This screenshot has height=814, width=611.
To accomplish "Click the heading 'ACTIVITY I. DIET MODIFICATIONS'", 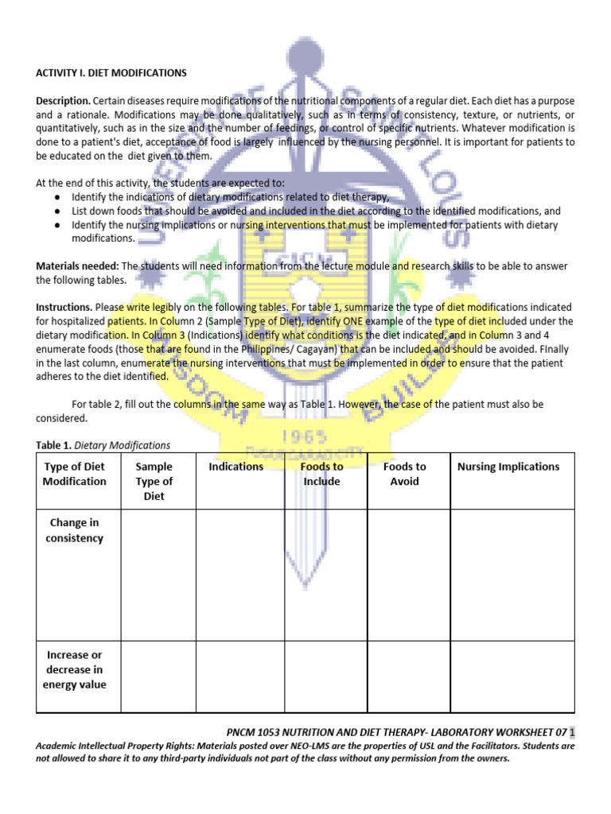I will (111, 73).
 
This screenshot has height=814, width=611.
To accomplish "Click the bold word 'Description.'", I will (63, 102).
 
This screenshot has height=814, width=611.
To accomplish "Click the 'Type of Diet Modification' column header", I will (75, 474).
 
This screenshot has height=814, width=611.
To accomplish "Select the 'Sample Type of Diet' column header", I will (154, 481).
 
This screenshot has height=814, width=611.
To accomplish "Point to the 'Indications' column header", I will (236, 467).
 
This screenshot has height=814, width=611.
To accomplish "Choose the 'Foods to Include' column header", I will (321, 474).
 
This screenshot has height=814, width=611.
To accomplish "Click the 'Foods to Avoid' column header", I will (404, 474).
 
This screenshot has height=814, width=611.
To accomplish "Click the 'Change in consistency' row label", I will (75, 531).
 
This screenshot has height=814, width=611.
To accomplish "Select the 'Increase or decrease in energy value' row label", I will (75, 669).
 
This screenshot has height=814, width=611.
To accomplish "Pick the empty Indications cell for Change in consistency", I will (240, 574).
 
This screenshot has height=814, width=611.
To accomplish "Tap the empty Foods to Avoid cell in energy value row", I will (408, 676).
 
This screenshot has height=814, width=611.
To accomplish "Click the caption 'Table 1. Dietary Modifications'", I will (103, 445).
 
